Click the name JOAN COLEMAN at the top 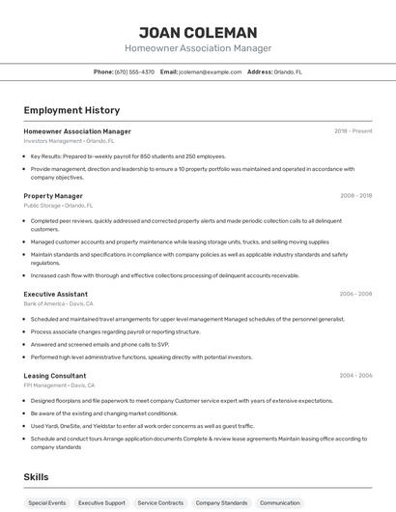click(198, 32)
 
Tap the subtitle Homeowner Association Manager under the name click(198, 48)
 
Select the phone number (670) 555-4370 click(134, 71)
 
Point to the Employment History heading click(71, 110)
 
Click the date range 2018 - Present click(354, 131)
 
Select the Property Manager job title click(53, 196)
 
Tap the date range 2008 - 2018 click(356, 196)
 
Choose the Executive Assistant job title click(57, 294)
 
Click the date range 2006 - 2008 click(355, 294)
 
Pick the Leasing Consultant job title click(55, 375)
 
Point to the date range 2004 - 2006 click(355, 375)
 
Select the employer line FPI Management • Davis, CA click(59, 384)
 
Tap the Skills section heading click(36, 476)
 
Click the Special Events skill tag click(47, 503)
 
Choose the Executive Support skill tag click(101, 503)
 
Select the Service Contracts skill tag click(160, 503)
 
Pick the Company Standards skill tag click(221, 503)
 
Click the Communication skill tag click(280, 503)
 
